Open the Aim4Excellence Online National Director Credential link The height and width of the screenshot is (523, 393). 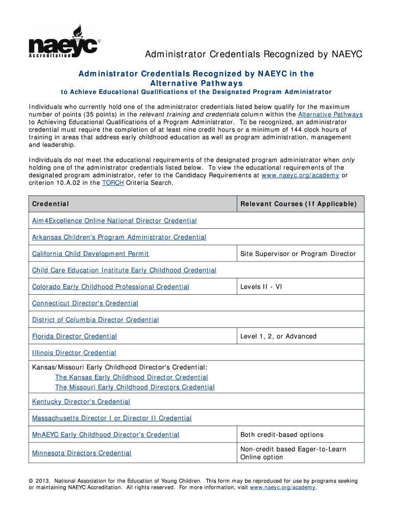tap(114, 221)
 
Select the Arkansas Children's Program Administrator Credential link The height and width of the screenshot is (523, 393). tap(119, 237)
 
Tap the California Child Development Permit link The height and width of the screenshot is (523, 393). tap(90, 254)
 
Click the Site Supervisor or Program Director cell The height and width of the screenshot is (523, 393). tap(298, 254)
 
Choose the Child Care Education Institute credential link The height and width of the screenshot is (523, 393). tap(124, 270)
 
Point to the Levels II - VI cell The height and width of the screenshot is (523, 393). tap(261, 287)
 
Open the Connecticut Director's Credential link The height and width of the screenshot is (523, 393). tap(85, 303)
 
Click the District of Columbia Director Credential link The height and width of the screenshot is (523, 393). tap(95, 320)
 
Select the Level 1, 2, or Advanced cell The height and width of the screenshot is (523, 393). tap(278, 336)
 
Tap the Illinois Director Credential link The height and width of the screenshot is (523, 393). tap(74, 352)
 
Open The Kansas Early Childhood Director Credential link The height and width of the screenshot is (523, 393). tap(131, 377)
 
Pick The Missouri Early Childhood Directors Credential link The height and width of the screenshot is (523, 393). tap(135, 387)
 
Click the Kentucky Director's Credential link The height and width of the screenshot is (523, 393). tap(81, 402)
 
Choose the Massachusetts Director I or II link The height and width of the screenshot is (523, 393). tap(112, 418)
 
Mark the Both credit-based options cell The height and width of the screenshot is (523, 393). tap(282, 435)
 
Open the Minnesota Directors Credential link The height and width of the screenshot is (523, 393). tap(82, 453)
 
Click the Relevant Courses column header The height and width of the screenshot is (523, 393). tap(298, 204)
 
